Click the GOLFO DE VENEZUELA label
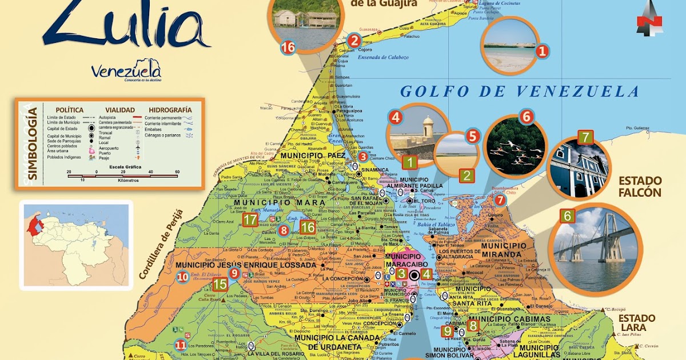pos(519,91)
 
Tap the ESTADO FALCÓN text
pos(639,187)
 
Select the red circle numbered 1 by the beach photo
pos(542,51)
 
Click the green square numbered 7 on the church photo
pos(585,137)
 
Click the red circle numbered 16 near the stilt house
pos(288,47)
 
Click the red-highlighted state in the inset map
pos(35,227)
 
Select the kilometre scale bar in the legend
pos(122,175)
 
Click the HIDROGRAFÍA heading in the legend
pos(170,110)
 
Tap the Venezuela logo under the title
pos(126,71)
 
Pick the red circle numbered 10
pos(183,278)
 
